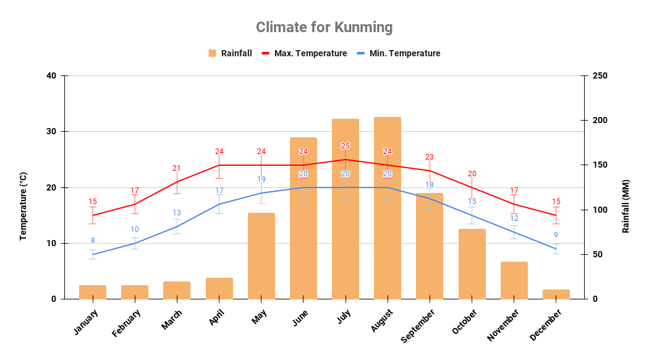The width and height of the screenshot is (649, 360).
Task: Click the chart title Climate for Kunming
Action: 324,27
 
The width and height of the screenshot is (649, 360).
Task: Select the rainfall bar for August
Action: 388,208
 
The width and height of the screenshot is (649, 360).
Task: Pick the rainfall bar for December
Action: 556,294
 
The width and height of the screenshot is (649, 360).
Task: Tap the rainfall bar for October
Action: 472,264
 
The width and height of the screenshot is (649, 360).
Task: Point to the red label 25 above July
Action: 346,146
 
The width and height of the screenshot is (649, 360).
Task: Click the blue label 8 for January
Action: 93,241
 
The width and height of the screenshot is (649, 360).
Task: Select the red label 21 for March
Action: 177,168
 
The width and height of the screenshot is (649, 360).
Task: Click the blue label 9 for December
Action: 556,235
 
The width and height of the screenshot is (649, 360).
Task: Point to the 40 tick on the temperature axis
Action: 51,76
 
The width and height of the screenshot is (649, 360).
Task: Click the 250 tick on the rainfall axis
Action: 600,76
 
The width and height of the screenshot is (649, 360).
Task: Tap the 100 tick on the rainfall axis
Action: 600,210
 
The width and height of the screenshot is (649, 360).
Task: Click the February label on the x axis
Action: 127,324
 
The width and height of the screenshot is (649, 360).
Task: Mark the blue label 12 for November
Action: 514,218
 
